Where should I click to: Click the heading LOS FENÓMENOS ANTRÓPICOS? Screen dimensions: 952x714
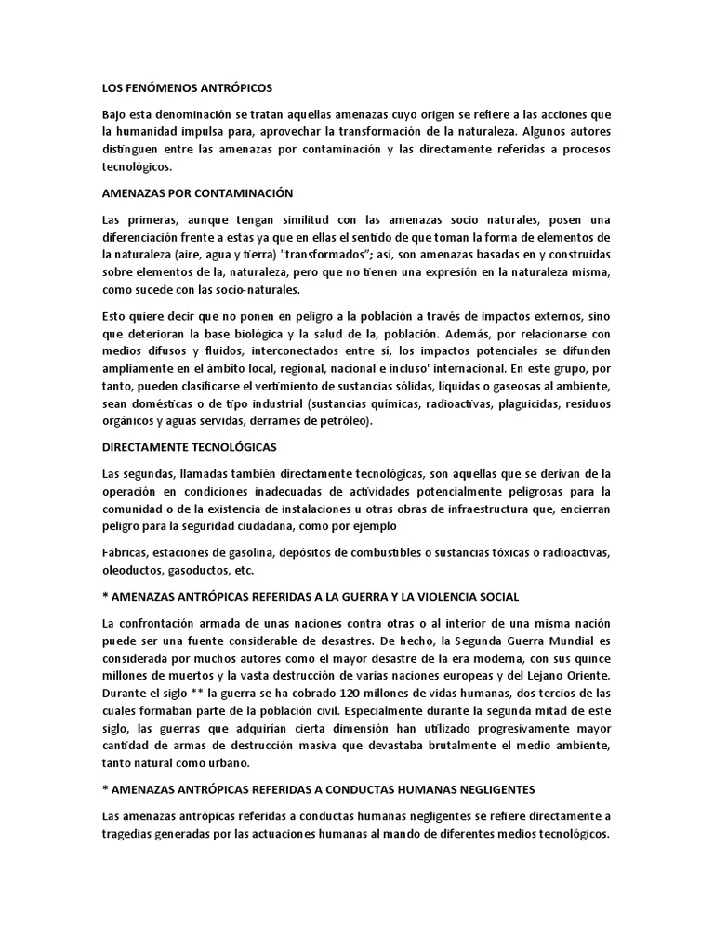point(187,86)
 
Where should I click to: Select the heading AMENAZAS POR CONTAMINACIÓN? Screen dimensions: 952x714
point(197,193)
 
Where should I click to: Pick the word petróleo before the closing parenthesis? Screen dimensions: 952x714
point(342,421)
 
